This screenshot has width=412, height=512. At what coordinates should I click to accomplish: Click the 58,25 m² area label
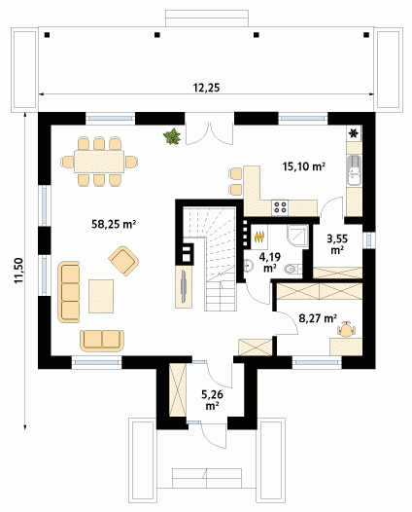(x=114, y=224)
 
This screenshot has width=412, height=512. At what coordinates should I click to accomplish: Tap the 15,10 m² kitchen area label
(x=304, y=166)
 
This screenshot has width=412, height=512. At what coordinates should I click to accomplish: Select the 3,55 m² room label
(x=337, y=244)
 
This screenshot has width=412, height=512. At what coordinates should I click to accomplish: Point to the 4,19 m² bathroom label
(x=269, y=262)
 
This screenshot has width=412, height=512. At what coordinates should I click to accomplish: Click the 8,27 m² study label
(x=318, y=317)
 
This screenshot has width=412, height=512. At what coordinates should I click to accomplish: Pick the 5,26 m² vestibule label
(x=212, y=400)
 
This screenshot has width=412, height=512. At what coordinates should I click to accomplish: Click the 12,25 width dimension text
(x=206, y=88)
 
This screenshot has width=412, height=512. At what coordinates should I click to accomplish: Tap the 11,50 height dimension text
(x=18, y=271)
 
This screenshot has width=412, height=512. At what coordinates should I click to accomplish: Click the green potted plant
(x=172, y=136)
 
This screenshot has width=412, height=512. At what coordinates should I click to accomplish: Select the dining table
(x=99, y=162)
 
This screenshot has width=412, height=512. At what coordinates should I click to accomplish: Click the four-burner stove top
(x=280, y=207)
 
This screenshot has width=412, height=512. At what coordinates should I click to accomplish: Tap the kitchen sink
(x=355, y=169)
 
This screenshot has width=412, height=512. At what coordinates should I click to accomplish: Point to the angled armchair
(x=123, y=261)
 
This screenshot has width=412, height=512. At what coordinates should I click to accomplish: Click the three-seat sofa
(x=69, y=292)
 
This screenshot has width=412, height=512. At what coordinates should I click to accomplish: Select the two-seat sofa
(x=102, y=341)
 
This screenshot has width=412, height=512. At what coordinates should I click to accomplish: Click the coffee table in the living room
(x=101, y=296)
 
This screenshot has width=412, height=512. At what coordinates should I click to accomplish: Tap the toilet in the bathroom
(x=293, y=269)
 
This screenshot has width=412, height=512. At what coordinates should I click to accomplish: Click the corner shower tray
(x=297, y=236)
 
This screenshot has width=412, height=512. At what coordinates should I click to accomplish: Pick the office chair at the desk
(x=346, y=329)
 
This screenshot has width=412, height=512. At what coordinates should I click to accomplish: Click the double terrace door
(x=210, y=134)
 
